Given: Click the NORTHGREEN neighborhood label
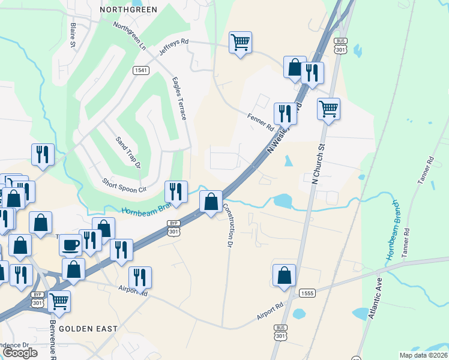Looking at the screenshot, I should pyautogui.click(x=128, y=10).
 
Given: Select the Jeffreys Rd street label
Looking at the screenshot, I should pyautogui.click(x=174, y=49).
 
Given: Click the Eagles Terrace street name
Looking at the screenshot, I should pyautogui.click(x=179, y=98).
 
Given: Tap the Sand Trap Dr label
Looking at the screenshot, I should pyautogui.click(x=128, y=152).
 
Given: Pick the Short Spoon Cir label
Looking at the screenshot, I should pyautogui.click(x=124, y=185).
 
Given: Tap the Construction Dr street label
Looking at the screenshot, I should pyautogui.click(x=228, y=225).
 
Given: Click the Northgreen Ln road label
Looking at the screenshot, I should pyautogui.click(x=130, y=36).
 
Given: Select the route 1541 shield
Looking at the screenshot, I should pyautogui.click(x=140, y=70).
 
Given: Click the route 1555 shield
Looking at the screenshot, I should pyautogui.click(x=307, y=292).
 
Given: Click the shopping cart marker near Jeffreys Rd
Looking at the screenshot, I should pyautogui.click(x=240, y=42).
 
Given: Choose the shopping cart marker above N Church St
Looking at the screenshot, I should pyautogui.click(x=328, y=109).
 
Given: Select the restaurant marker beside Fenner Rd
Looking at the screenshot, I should pyautogui.click(x=285, y=113).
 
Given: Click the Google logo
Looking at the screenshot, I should pyautogui.click(x=20, y=353).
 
